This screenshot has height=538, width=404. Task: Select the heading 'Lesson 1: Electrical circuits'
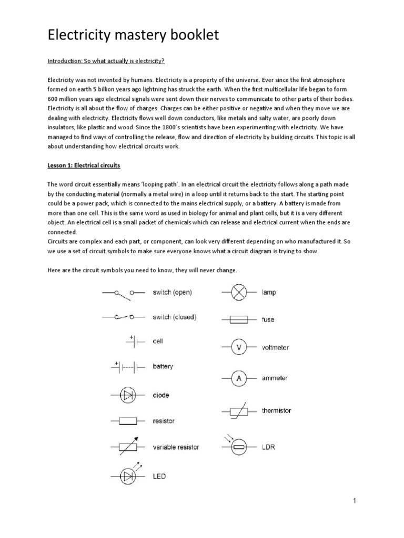[x=84, y=165]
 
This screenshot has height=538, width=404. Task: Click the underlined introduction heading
[x=106, y=61]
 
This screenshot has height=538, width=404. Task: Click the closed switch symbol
[x=124, y=317]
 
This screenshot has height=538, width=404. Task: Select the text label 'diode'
[x=161, y=395]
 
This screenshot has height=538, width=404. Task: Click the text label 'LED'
[x=159, y=477]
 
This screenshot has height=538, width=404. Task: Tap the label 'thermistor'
[x=276, y=410]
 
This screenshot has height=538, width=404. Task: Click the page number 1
[x=355, y=501]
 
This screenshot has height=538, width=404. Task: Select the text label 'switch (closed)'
[x=174, y=317]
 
